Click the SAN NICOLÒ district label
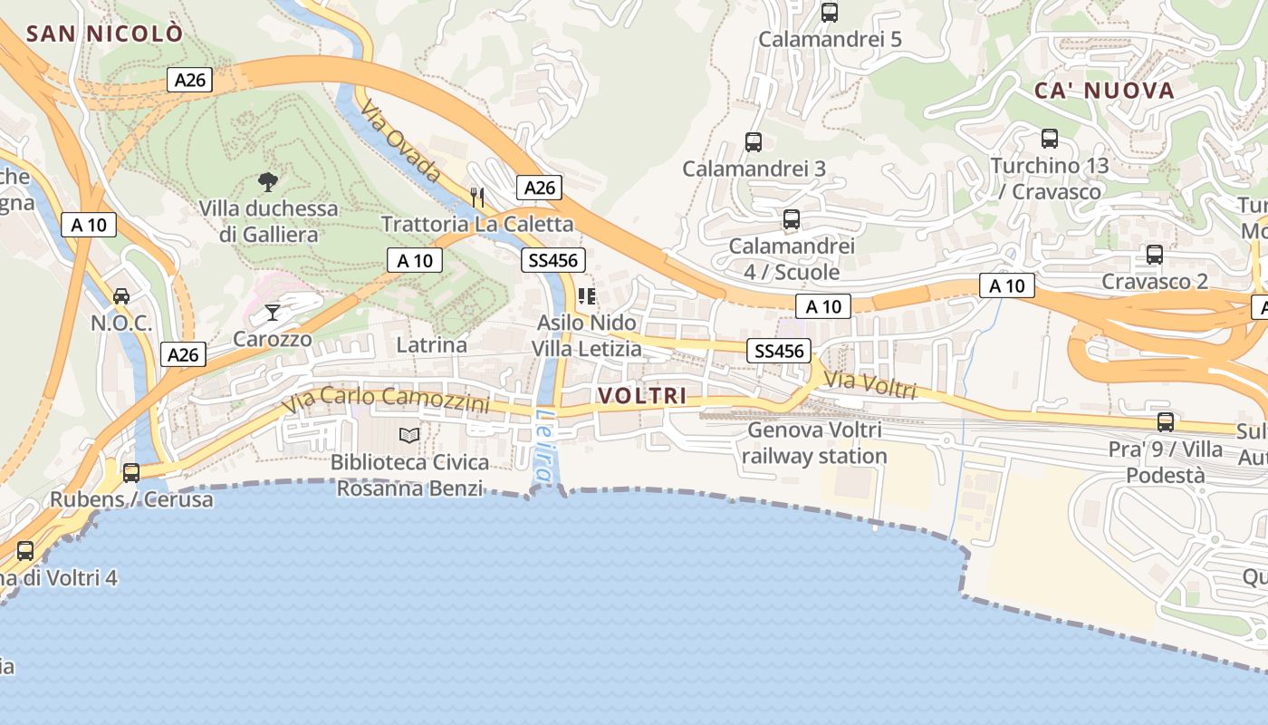[104, 34]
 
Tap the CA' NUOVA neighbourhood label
[1104, 91]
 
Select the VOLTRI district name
[641, 396]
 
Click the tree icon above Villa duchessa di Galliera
[267, 182]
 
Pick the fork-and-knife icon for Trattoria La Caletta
[477, 197]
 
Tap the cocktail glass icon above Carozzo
[273, 313]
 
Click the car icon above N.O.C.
[121, 295]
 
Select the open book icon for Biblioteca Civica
[409, 436]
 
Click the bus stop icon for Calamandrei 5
[830, 13]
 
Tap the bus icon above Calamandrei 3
[754, 142]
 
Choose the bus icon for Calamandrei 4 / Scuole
[792, 219]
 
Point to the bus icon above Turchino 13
[1050, 139]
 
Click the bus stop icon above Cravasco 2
[1155, 255]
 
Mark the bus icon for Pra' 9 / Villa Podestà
[1166, 422]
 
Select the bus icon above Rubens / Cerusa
[131, 472]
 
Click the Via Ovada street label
[400, 141]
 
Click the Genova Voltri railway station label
[814, 442]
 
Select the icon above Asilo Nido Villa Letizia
[587, 296]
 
